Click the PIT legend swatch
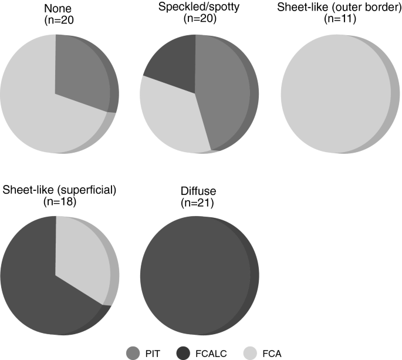(134, 352)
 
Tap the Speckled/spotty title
(193, 8)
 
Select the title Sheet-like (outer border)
(339, 8)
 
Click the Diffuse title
(196, 191)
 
